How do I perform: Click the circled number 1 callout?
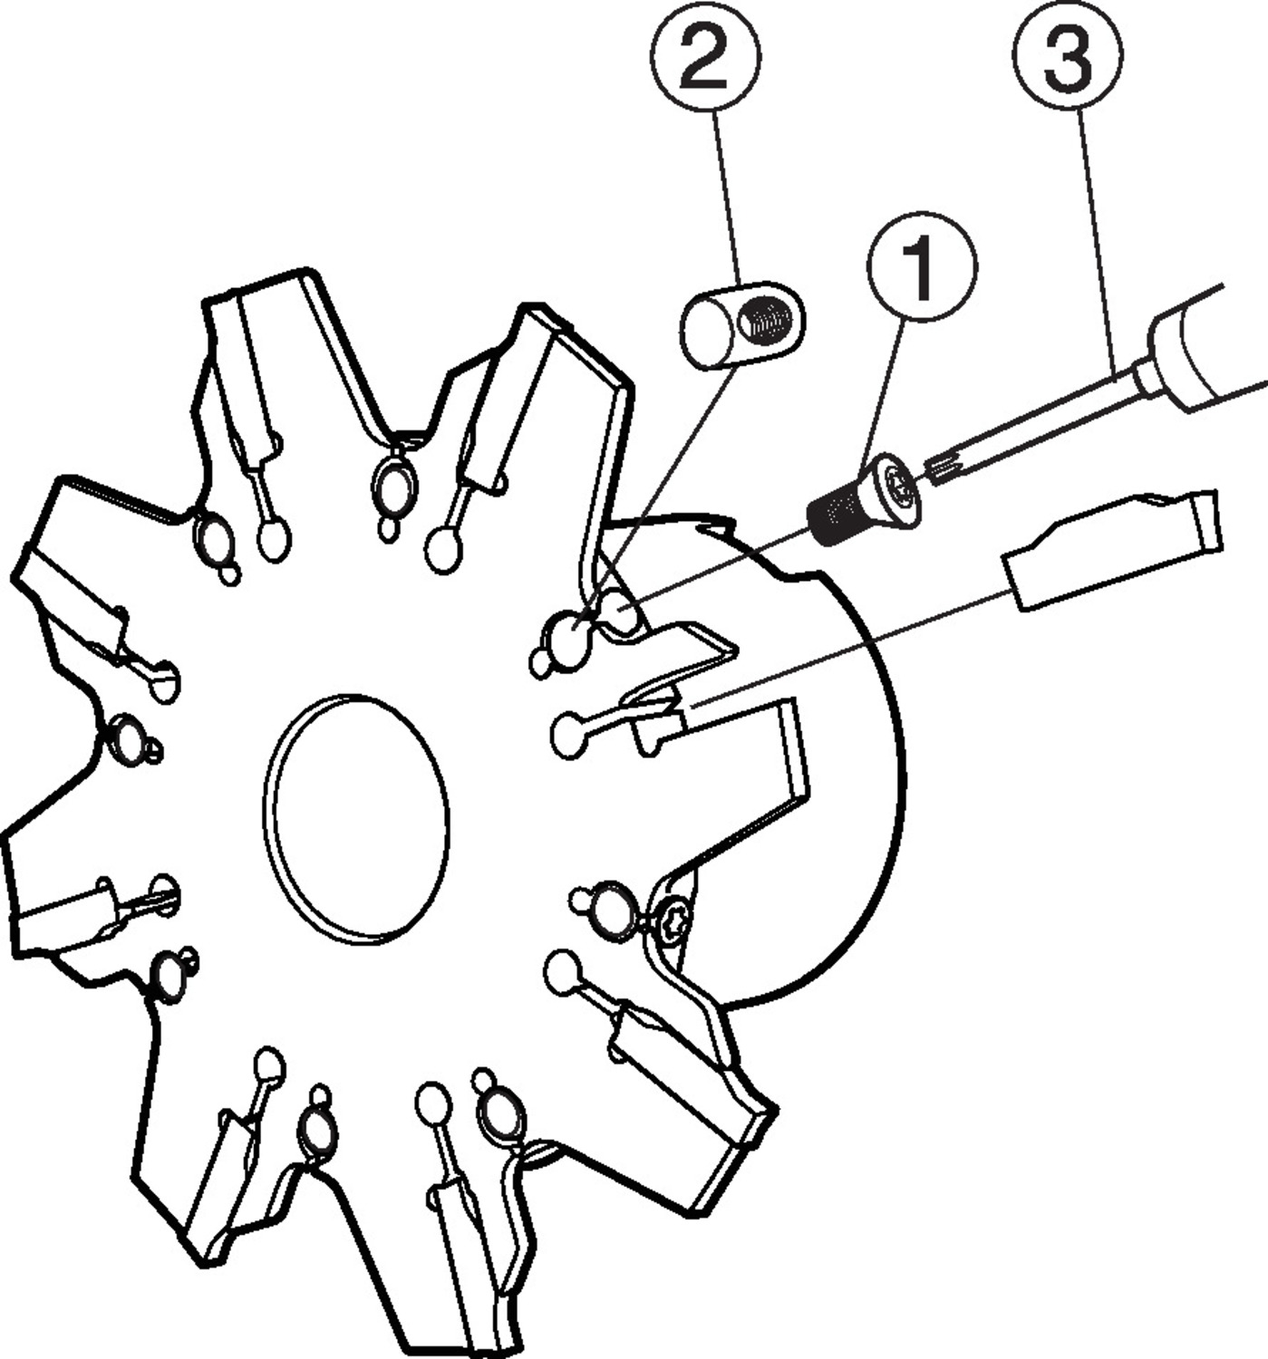coord(922,267)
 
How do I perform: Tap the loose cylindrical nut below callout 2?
coord(743,325)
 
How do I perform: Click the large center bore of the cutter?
coord(356,821)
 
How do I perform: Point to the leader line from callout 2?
coord(727,198)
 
